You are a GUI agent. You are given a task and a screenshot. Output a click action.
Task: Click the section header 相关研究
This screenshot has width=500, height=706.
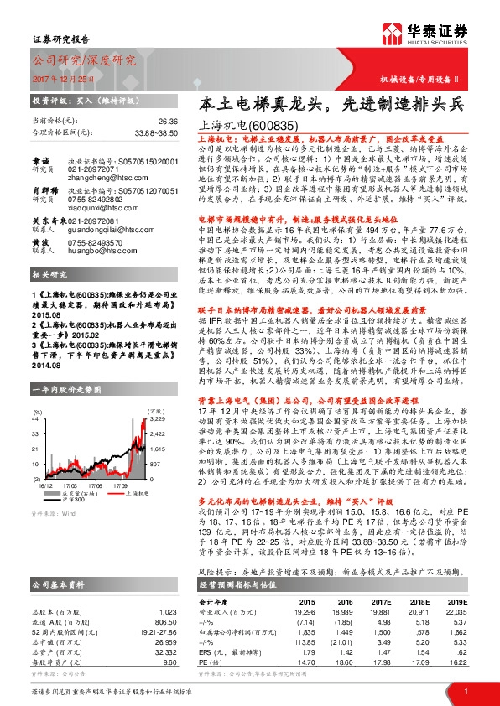49,275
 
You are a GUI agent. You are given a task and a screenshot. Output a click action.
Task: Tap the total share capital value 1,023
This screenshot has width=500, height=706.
169,590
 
